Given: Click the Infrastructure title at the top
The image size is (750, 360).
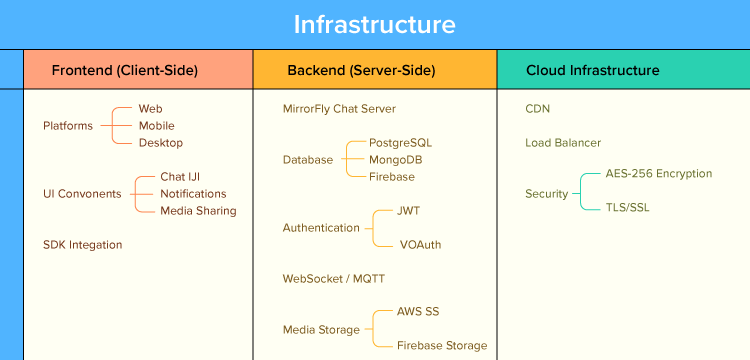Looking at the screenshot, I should (x=374, y=24).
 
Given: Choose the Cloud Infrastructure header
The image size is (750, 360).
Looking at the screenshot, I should (x=592, y=70).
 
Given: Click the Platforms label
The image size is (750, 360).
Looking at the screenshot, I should (x=68, y=126).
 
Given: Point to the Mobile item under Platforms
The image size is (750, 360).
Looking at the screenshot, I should (x=156, y=126).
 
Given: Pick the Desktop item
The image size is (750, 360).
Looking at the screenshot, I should (x=160, y=143).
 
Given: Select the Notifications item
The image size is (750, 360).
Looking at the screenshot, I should (x=193, y=194).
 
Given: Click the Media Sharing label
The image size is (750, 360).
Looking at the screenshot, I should (x=198, y=211).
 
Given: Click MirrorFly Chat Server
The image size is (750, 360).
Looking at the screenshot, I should (x=339, y=109).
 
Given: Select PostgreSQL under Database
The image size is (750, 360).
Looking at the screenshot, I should (x=400, y=143).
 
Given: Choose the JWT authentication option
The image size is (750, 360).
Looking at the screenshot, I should (x=408, y=211).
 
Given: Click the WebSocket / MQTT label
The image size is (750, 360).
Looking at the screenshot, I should (x=333, y=279).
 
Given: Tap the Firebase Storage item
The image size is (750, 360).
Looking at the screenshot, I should (x=441, y=346).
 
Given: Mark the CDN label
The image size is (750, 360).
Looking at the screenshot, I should (x=538, y=109).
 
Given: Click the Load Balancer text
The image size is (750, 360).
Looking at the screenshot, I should (x=563, y=143).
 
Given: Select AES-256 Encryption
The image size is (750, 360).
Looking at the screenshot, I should (x=658, y=174).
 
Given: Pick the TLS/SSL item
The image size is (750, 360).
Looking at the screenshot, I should (x=627, y=207).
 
